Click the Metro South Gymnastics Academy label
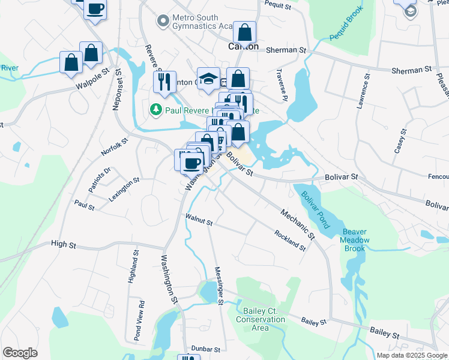[x=202, y=22]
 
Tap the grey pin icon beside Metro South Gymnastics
[x=161, y=22]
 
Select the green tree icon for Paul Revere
[x=155, y=110]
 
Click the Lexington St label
[x=124, y=180]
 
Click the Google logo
[x=20, y=353]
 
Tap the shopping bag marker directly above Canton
[x=245, y=31]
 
